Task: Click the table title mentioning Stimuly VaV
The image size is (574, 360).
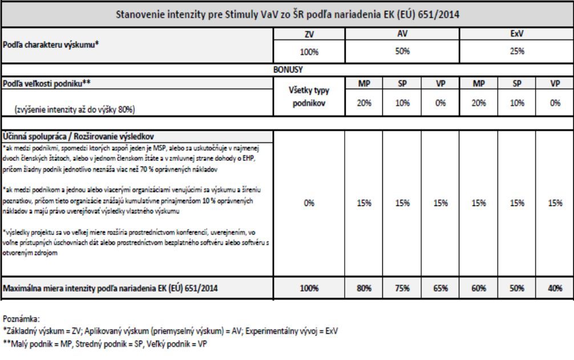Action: [287, 14]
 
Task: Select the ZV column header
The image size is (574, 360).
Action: [309, 35]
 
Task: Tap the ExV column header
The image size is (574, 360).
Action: [516, 35]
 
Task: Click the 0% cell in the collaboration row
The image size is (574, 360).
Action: [309, 202]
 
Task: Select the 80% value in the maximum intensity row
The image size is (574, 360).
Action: [365, 288]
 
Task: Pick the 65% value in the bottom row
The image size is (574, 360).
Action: [440, 288]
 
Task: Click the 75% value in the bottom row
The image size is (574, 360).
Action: [402, 288]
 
